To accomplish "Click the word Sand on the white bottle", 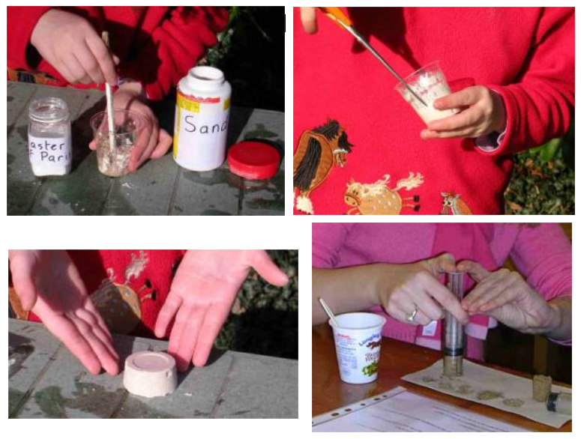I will click(205, 124).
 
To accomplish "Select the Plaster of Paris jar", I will click(49, 137).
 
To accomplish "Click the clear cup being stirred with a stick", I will click(114, 143).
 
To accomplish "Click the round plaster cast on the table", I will click(150, 372).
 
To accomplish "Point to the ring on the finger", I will click(412, 315).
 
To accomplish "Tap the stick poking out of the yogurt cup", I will click(328, 310).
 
